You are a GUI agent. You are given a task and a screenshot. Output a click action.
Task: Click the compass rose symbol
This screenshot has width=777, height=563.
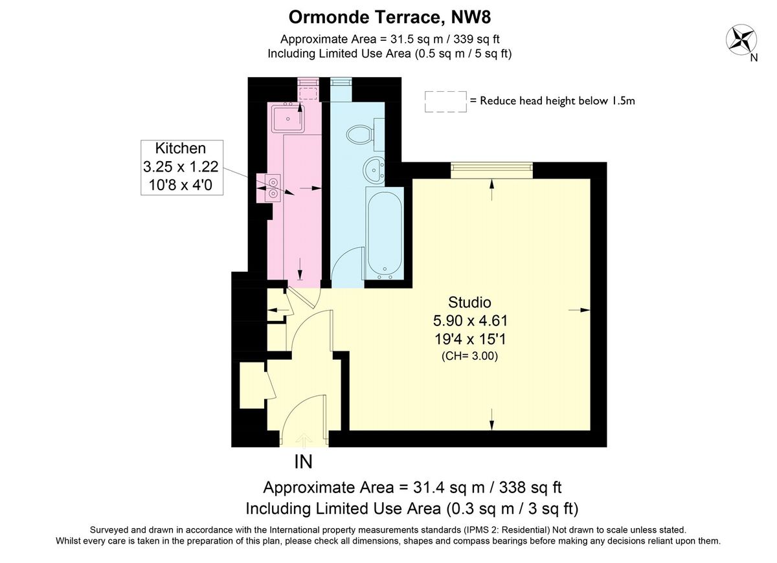pos(741,39)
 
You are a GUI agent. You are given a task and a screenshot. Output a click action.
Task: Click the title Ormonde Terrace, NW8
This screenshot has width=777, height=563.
pos(390,17)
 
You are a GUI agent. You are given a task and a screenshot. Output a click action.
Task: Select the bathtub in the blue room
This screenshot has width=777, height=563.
pos(385,234)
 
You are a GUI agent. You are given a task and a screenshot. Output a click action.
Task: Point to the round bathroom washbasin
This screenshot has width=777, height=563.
pos(374,170)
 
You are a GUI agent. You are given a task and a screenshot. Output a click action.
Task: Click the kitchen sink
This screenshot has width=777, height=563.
pos(288,118)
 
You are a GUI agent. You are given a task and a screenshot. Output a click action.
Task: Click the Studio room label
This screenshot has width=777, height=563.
pos(469,302)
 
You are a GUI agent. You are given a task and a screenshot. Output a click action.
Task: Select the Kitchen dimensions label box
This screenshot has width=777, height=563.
pos(182,168)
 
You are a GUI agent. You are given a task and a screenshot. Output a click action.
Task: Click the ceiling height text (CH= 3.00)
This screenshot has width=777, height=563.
pos(469,356)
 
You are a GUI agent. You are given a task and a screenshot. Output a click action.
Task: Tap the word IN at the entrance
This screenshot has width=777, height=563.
pos(304,462)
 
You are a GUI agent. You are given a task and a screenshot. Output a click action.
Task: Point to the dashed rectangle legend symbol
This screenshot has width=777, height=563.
pos(445,102)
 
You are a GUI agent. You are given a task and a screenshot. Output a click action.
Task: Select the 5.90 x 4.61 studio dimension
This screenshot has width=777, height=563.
pos(470,321)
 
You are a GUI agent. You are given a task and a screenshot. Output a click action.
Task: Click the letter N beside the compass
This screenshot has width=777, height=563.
pos(754,58)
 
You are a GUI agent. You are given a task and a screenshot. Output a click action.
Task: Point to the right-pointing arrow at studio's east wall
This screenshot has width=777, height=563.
pos(580,310)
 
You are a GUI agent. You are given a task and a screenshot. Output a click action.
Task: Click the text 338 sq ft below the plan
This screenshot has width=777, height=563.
pos(530,487)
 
